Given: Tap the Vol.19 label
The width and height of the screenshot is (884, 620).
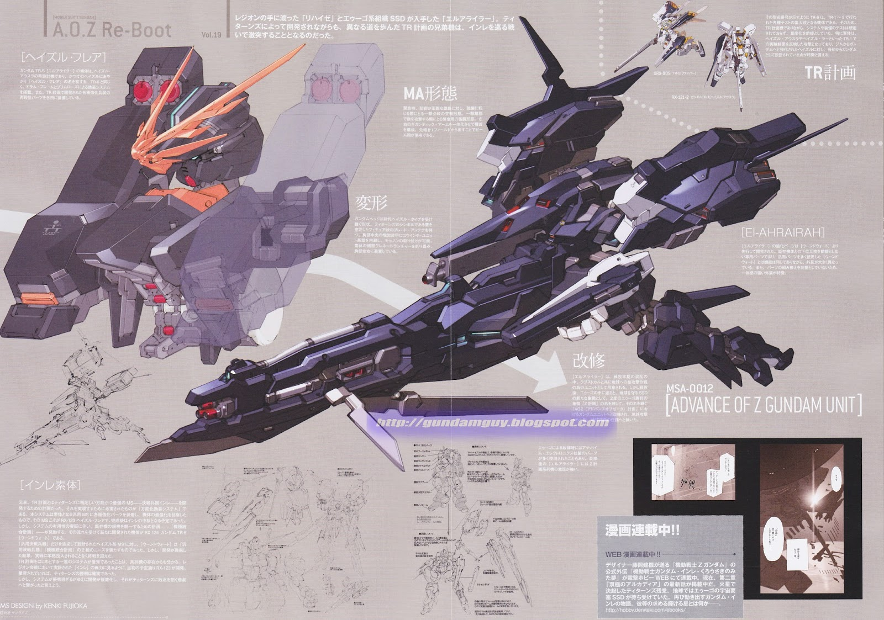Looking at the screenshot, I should coord(211,35).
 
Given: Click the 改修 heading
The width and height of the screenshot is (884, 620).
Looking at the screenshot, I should coord(589,362).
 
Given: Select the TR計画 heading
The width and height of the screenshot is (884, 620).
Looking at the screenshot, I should coord(830,72).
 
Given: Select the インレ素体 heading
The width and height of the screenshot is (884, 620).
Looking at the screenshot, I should coord(50,486).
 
